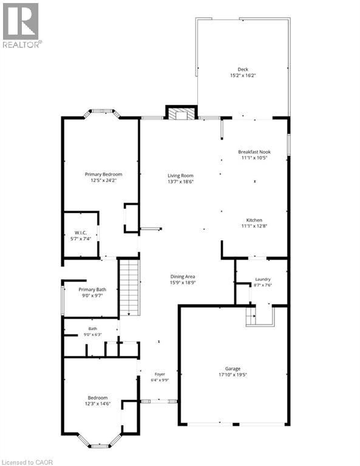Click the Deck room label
243,69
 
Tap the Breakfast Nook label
254,152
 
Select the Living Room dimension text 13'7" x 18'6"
180,181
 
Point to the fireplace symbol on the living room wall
182,113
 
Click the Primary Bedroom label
103,175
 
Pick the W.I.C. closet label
81,233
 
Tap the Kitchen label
254,220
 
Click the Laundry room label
263,279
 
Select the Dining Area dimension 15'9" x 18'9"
183,283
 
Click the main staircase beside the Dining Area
129,288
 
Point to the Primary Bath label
92,289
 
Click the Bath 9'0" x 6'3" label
93,331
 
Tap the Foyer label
160,374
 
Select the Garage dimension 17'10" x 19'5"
233,375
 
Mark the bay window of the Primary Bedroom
102,113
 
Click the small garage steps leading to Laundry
251,316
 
